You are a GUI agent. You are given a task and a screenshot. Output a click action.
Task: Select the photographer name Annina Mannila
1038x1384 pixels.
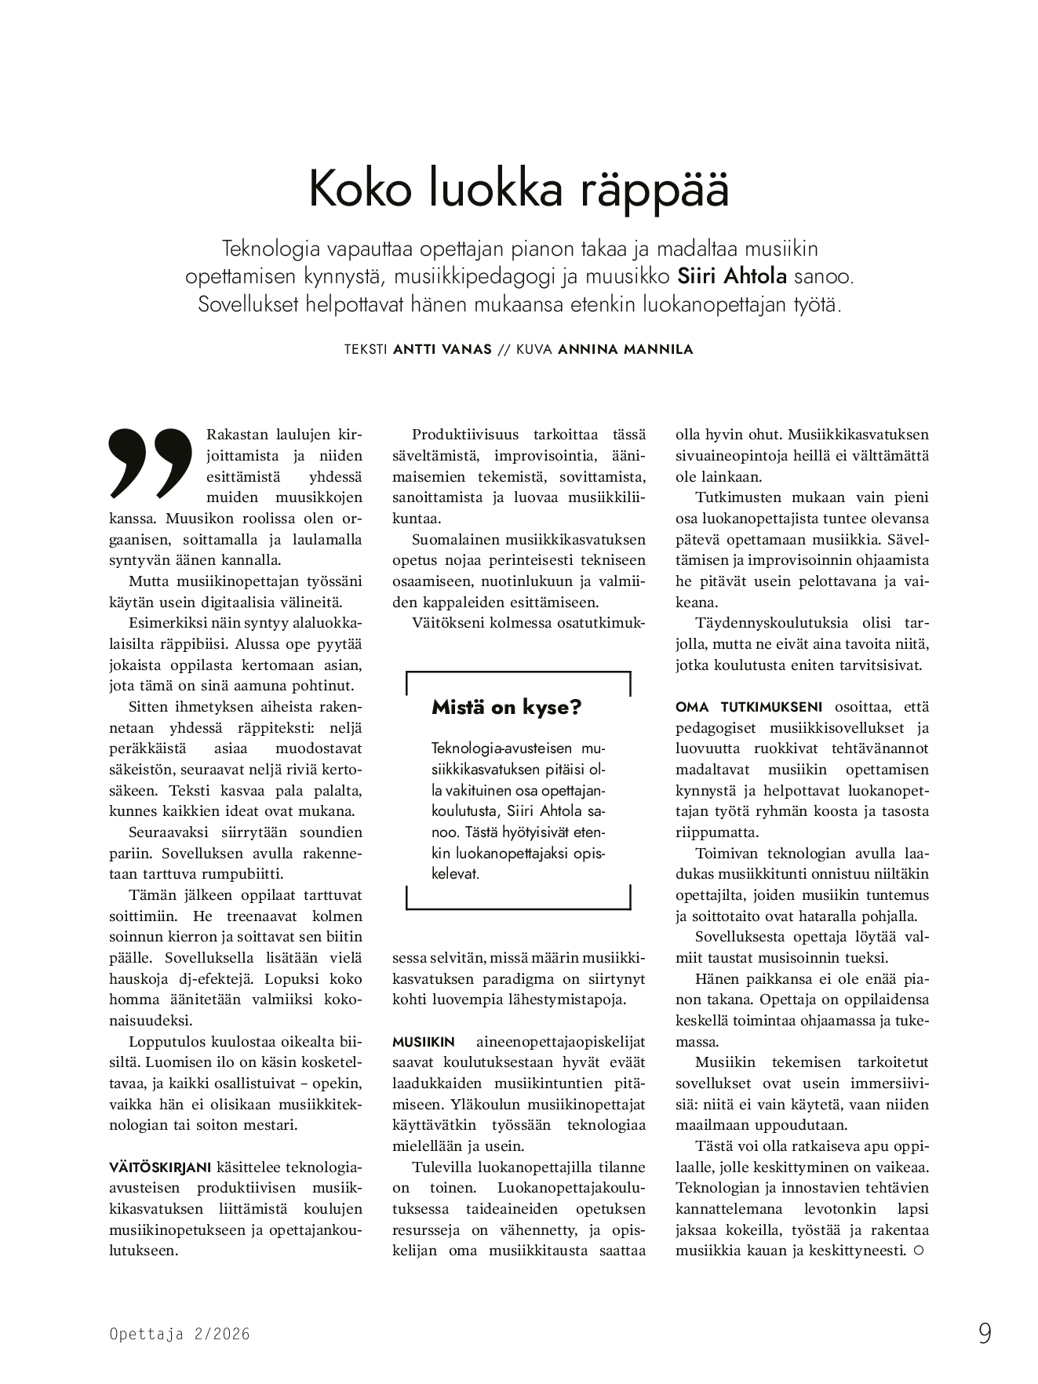pyautogui.click(x=625, y=350)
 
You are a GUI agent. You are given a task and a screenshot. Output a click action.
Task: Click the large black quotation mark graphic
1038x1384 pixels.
pyautogui.click(x=151, y=462)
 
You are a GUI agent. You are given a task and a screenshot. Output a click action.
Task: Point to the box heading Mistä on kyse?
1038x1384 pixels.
pyautogui.click(x=506, y=708)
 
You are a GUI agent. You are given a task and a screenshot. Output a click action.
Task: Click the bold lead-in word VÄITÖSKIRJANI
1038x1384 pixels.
pyautogui.click(x=160, y=1167)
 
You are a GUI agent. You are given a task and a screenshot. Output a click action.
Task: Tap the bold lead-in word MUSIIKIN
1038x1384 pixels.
pyautogui.click(x=423, y=1042)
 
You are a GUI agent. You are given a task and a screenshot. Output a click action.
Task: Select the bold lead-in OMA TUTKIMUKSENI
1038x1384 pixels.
pyautogui.click(x=748, y=707)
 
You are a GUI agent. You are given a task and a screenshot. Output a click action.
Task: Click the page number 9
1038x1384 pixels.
pyautogui.click(x=985, y=1334)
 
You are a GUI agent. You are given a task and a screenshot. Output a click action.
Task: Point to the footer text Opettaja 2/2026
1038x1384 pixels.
pyautogui.click(x=180, y=1334)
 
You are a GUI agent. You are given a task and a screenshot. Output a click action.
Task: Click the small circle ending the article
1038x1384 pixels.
pyautogui.click(x=918, y=1251)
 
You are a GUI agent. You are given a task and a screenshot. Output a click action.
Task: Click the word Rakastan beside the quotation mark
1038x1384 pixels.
pyautogui.click(x=238, y=435)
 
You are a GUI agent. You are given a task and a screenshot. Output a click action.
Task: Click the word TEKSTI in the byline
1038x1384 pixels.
pyautogui.click(x=366, y=350)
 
